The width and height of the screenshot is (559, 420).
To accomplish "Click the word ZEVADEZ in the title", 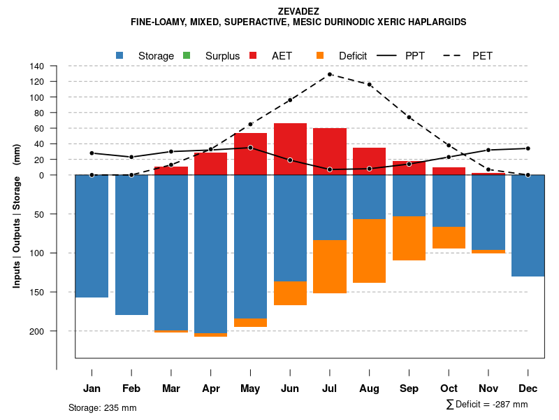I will click(x=298, y=11).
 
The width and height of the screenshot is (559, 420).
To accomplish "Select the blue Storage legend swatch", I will click(x=120, y=55).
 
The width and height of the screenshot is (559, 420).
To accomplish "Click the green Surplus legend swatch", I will click(x=187, y=55).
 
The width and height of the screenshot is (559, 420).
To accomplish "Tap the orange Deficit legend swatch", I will click(x=320, y=55).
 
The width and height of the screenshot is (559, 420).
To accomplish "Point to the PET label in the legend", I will click(x=482, y=55).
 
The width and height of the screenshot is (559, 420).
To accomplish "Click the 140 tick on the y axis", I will click(x=37, y=66).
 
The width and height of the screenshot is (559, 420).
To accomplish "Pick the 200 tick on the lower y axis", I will click(x=37, y=330).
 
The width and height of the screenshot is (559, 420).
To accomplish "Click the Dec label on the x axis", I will click(x=528, y=388).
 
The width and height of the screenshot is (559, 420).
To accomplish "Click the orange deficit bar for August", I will click(x=369, y=251).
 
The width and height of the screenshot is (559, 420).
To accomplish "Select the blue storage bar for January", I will click(x=92, y=236).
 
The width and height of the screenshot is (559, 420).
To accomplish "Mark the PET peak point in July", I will click(x=329, y=74).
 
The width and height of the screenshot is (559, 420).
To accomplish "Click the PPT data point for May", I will click(x=250, y=148).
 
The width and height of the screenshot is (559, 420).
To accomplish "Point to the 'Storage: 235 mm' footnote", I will click(x=103, y=407).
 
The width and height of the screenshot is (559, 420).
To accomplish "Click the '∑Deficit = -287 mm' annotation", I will click(x=486, y=405).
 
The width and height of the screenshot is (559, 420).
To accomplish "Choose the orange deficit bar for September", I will click(x=409, y=238).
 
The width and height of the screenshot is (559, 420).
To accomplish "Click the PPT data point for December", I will click(x=528, y=148).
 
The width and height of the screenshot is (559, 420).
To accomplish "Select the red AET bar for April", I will click(x=210, y=164).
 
